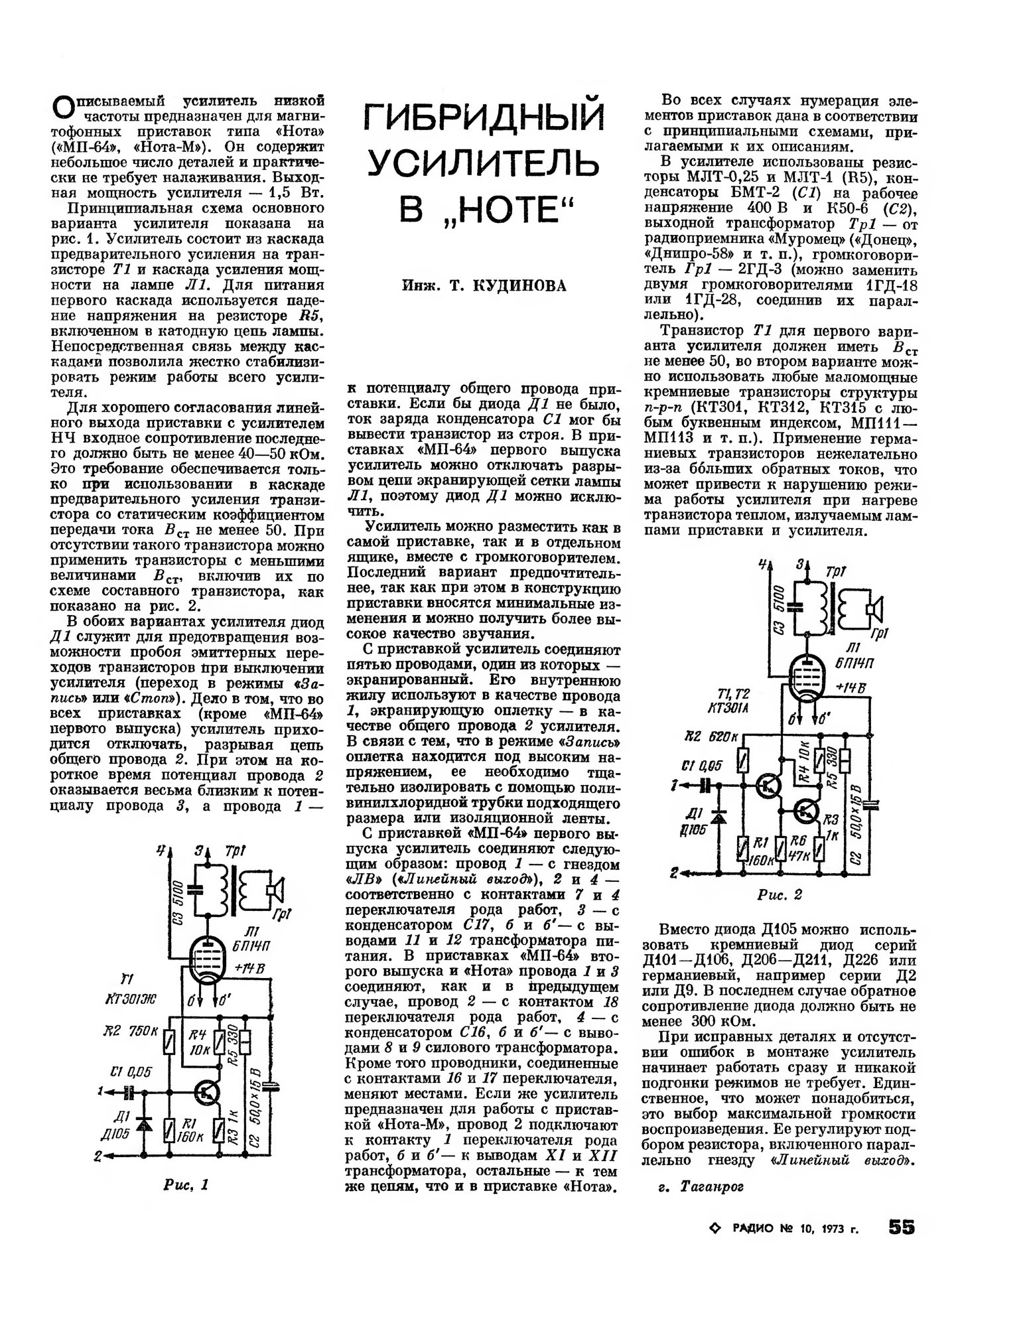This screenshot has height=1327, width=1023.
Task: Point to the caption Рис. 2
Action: tap(780, 895)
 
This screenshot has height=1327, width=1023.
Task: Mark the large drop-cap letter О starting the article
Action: tap(61, 107)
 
